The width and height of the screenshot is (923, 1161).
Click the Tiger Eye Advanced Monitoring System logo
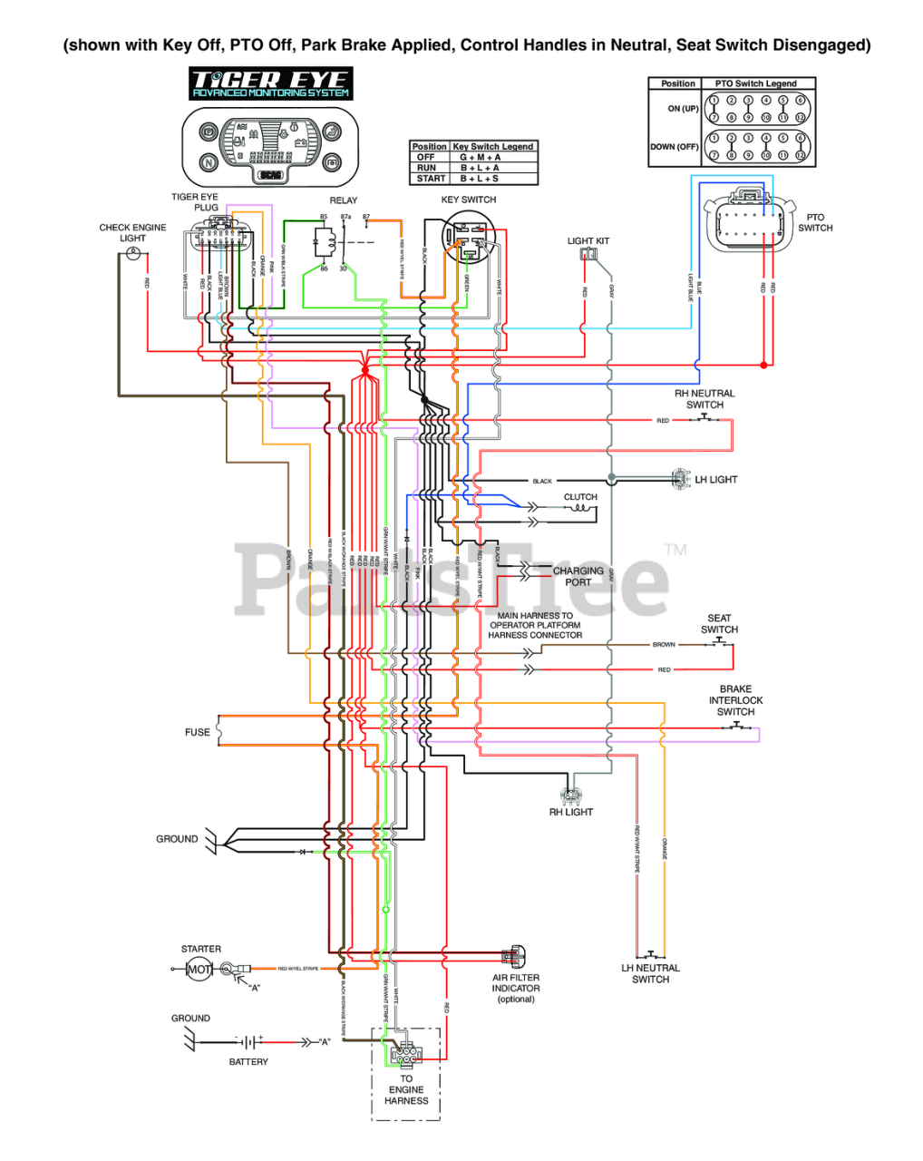click(270, 83)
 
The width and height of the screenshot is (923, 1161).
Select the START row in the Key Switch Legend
click(473, 179)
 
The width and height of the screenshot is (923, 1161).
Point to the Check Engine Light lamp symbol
click(133, 254)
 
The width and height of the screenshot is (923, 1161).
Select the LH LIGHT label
click(716, 480)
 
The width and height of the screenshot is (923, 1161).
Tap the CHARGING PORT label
click(578, 576)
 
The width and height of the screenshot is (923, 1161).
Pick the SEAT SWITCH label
click(719, 624)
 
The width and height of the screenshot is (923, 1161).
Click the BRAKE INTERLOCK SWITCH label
click(735, 700)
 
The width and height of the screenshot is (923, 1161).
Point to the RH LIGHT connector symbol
click(570, 796)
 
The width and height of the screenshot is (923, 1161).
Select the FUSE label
click(197, 732)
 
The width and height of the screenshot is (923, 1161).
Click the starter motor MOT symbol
click(199, 970)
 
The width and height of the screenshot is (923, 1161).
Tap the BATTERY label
click(248, 1061)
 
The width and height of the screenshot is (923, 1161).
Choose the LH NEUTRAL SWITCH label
click(650, 973)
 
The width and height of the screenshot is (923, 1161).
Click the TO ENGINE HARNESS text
click(406, 1089)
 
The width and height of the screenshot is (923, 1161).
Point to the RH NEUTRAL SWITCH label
click(704, 399)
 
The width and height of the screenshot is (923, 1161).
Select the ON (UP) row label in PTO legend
click(683, 109)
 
